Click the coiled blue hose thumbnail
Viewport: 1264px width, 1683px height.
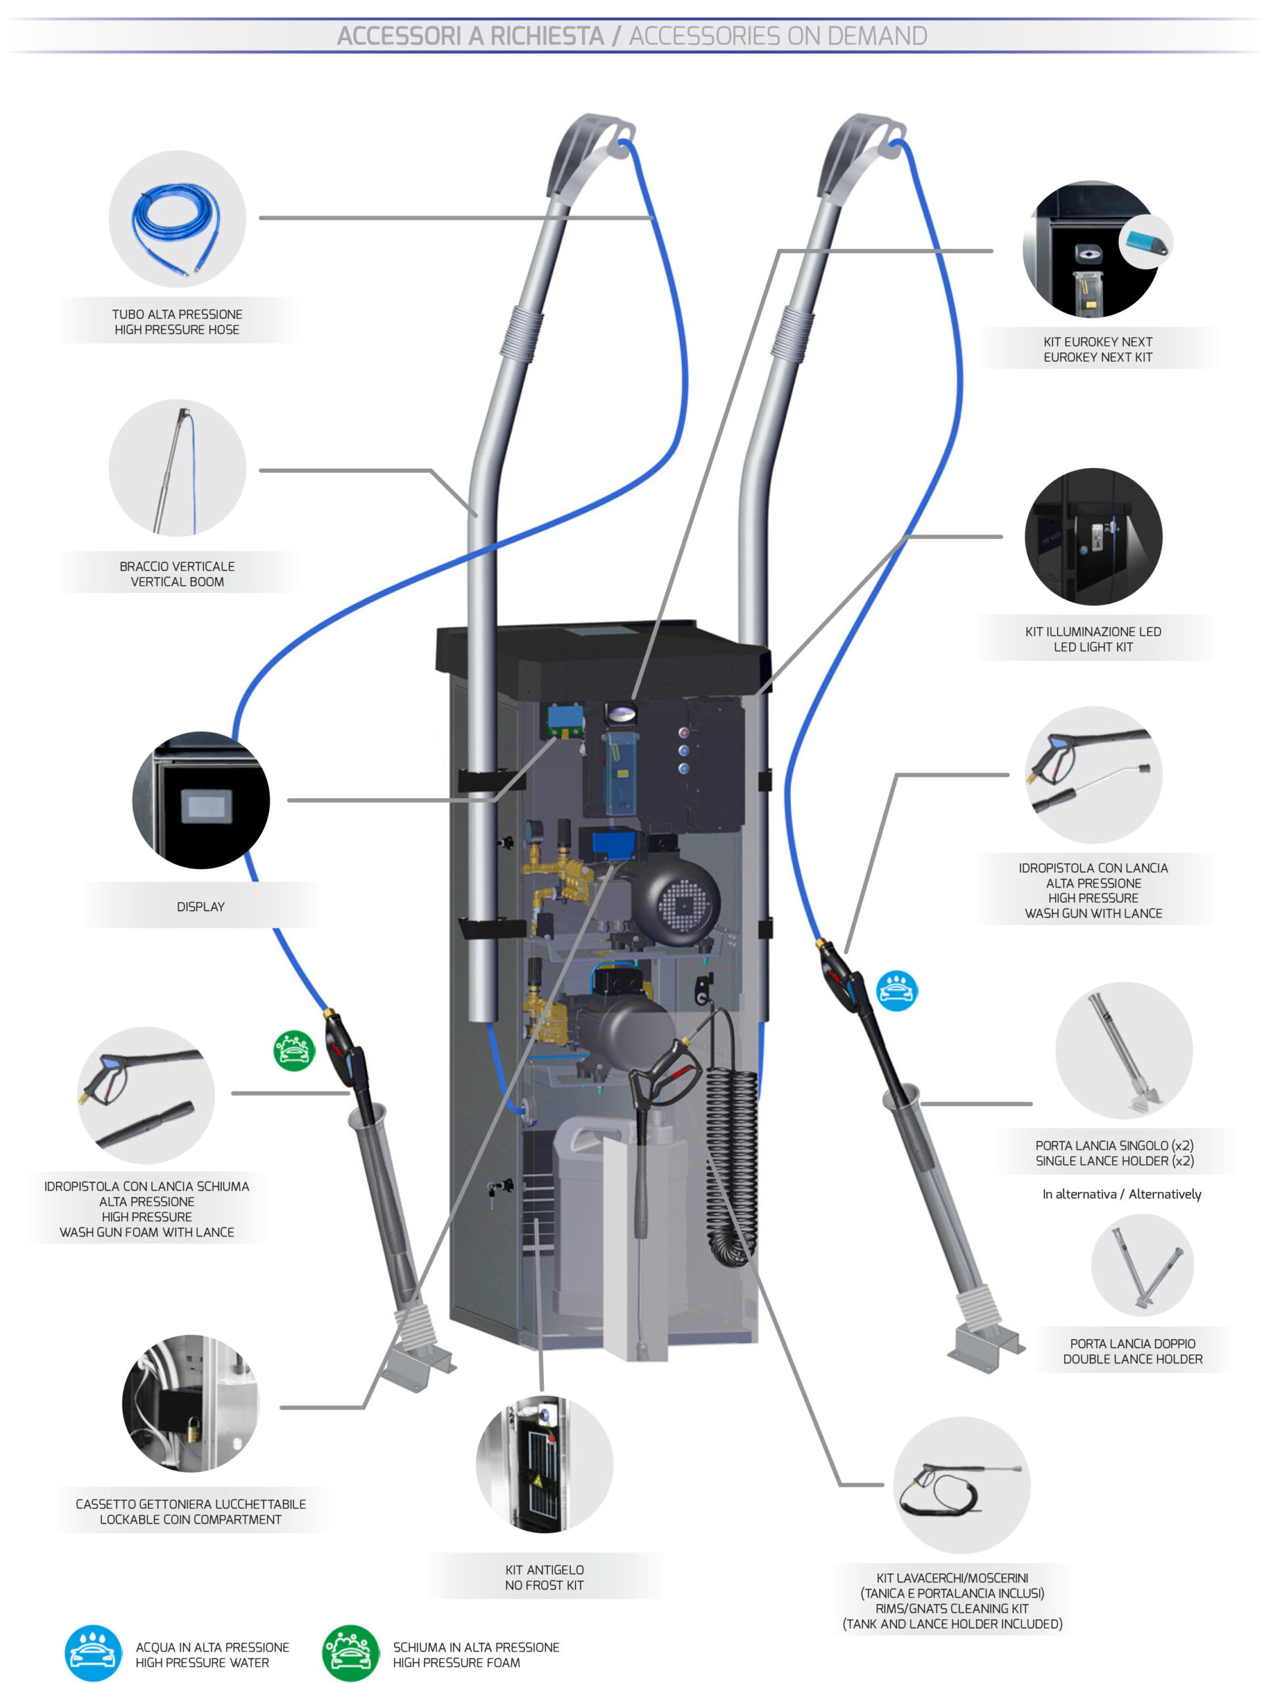coord(176,221)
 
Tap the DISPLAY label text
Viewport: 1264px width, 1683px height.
coord(200,906)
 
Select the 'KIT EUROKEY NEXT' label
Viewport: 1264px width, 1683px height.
coord(1098,343)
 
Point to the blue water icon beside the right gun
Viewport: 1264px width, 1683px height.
coord(896,991)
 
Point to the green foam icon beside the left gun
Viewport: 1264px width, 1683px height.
coord(294,1051)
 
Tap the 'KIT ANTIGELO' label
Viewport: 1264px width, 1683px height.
coord(544,1570)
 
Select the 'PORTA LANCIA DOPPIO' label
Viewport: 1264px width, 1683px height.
coord(1132,1344)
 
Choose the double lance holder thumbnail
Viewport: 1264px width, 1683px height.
coord(1142,1264)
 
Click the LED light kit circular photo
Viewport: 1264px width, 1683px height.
coord(1093,536)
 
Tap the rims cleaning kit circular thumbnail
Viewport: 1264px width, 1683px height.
coord(961,1484)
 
